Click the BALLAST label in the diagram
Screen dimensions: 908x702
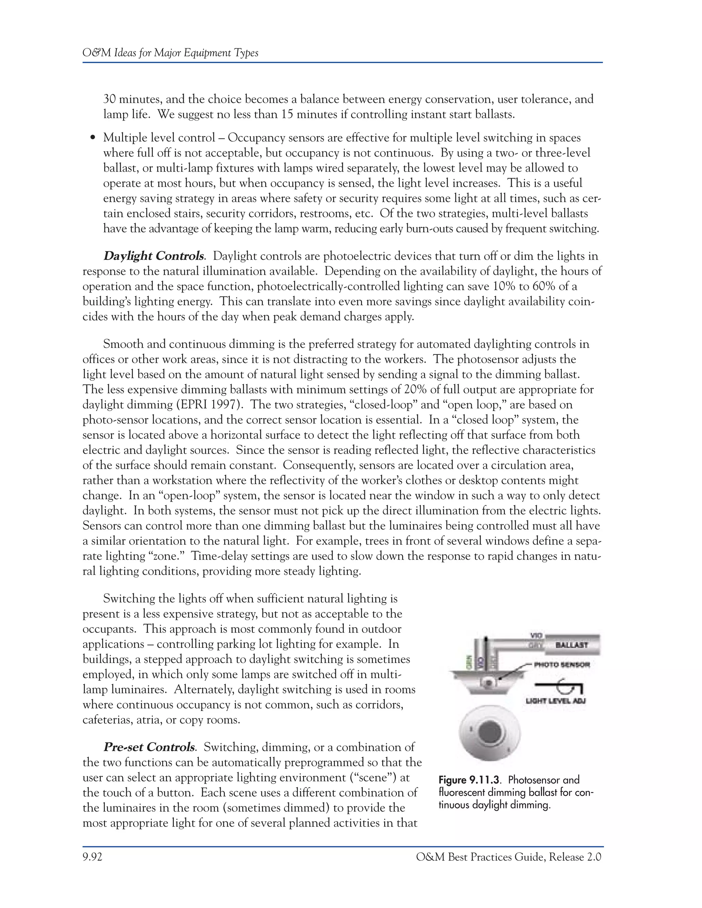pos(572,645)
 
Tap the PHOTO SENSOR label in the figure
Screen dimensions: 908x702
pos(561,664)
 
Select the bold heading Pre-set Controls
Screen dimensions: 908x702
pos(149,747)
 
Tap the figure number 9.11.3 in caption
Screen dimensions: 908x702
pos(484,780)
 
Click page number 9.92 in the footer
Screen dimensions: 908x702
pos(92,857)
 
